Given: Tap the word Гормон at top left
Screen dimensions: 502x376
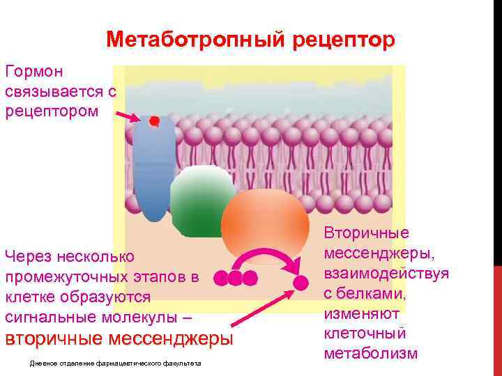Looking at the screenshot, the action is click(x=34, y=71).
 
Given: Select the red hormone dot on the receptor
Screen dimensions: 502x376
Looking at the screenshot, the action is click(x=154, y=121).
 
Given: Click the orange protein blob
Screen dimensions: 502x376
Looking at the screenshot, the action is click(x=265, y=223).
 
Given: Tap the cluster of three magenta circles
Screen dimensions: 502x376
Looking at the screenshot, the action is click(x=236, y=279).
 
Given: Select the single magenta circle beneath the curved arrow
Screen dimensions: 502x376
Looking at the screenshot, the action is click(x=301, y=283).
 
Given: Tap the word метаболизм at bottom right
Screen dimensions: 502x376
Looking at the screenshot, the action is click(x=371, y=353).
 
